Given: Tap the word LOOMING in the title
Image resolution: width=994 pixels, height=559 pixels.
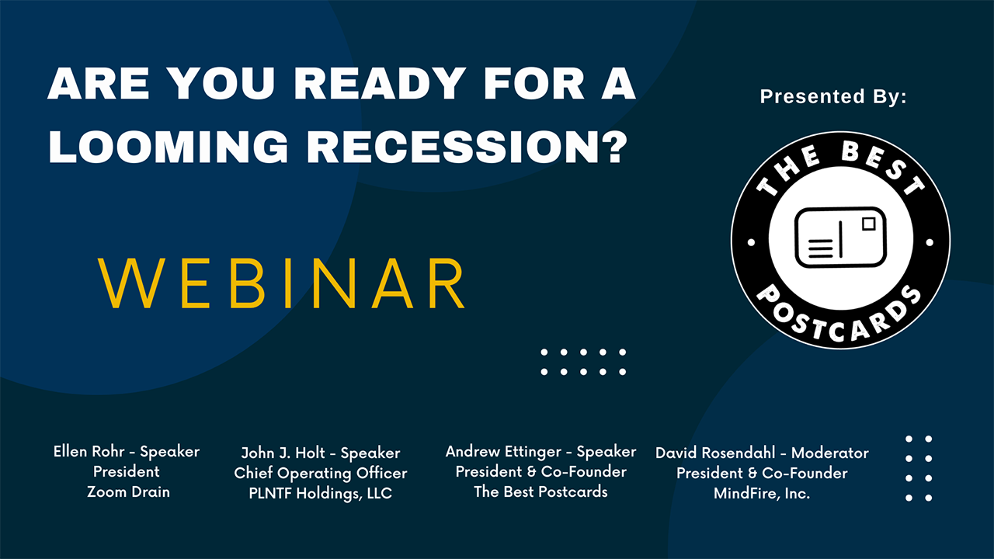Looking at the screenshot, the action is [169, 147].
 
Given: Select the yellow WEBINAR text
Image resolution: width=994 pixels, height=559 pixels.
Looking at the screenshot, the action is [281, 283].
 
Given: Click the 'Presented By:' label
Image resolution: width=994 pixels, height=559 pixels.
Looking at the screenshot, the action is [833, 96].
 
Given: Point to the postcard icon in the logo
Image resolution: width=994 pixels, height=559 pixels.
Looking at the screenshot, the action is [840, 238].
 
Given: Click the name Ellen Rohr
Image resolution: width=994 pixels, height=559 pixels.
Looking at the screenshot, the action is [89, 451].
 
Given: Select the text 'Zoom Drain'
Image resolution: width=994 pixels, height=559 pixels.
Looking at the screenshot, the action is [128, 491].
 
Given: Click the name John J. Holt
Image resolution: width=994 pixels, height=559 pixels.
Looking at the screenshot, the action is [283, 453].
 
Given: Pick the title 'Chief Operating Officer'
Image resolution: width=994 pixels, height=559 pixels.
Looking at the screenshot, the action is [321, 474].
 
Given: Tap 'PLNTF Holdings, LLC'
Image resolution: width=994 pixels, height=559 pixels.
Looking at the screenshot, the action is [321, 493].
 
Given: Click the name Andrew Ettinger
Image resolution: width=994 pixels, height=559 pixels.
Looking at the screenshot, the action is [503, 452].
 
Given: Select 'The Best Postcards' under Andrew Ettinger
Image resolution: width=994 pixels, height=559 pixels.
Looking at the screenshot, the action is [540, 491].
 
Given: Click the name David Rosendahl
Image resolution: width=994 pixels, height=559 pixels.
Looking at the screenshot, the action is [715, 453].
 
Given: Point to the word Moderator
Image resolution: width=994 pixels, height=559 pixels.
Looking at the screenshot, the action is [830, 453].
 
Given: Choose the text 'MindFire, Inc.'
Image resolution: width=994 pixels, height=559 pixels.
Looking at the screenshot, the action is [762, 493].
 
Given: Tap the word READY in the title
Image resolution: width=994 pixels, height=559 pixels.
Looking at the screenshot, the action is [380, 83].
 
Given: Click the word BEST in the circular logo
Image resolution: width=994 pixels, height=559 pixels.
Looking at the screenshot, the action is [884, 167].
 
